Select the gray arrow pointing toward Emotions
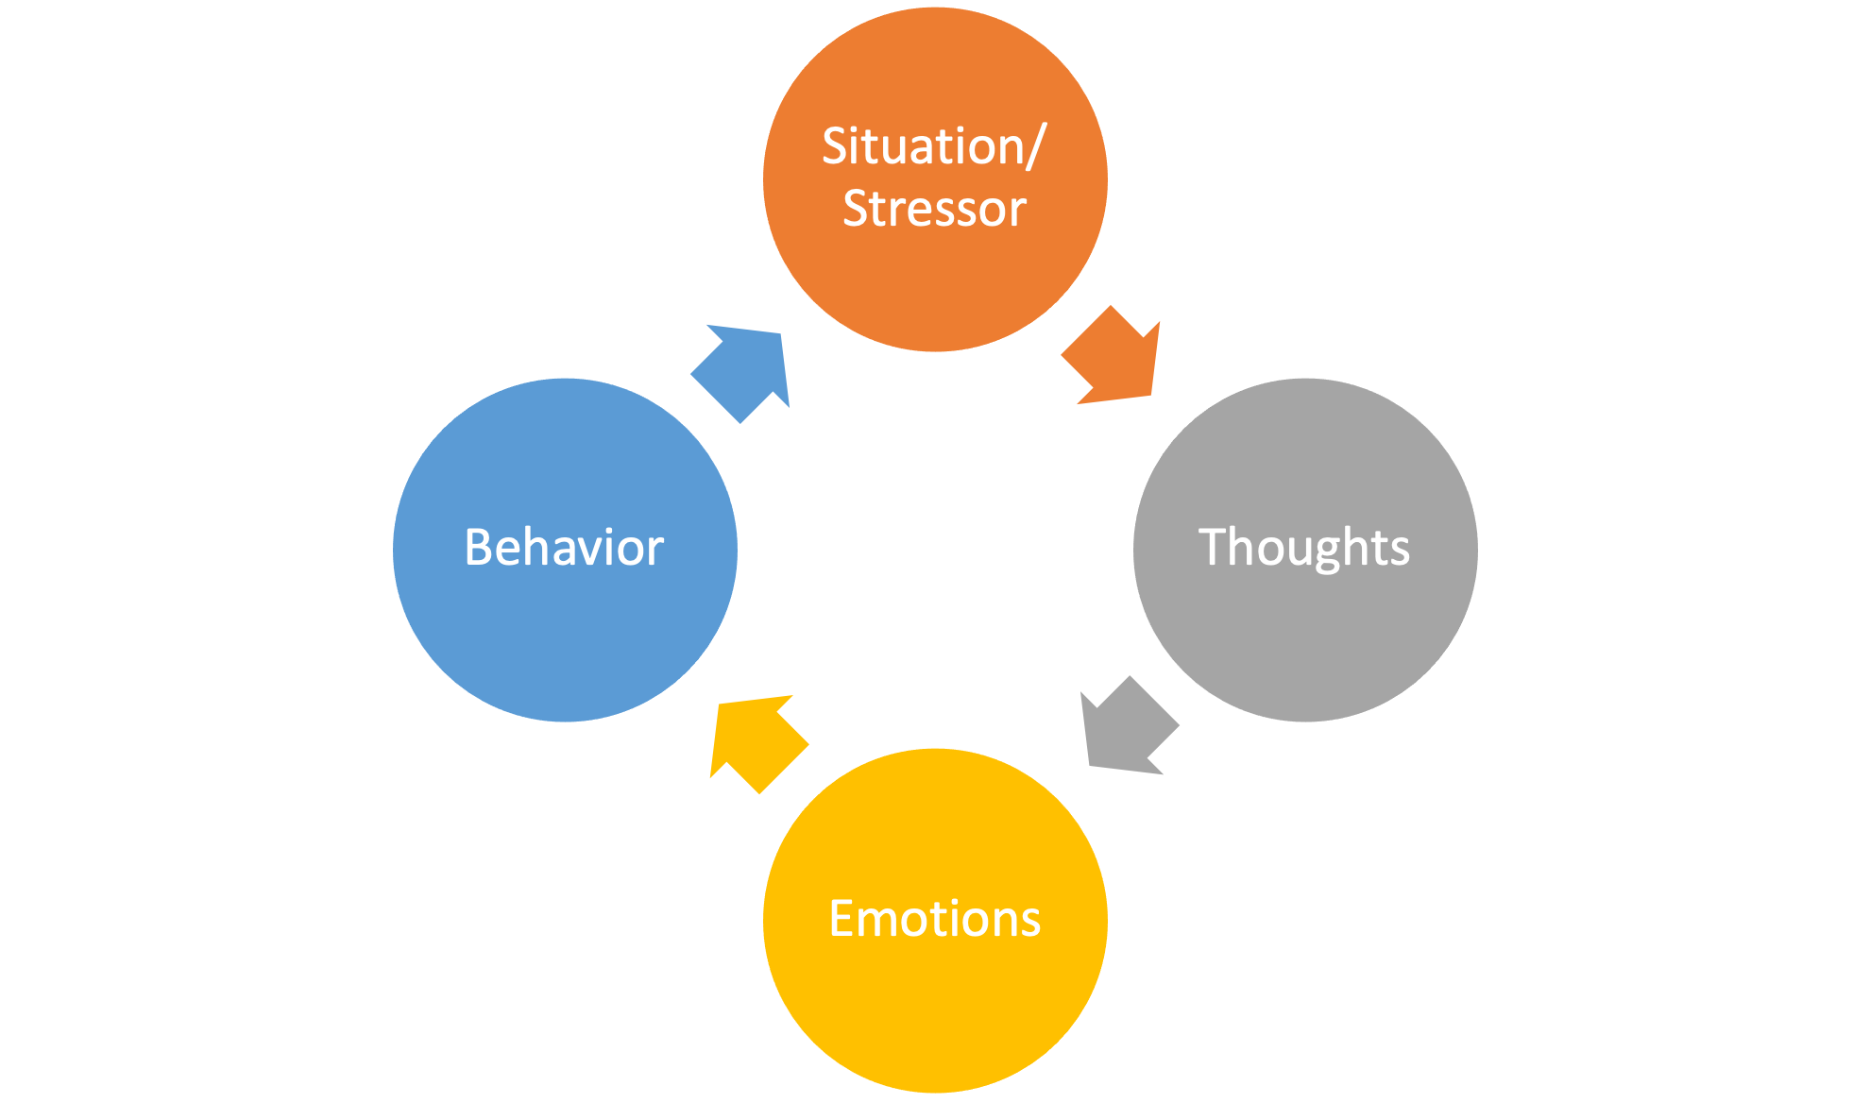coord(1128,727)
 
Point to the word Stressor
coord(934,209)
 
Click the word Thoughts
coord(1303,548)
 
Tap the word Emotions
coord(934,919)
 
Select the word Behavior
coord(564,548)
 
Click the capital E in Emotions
coord(841,919)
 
